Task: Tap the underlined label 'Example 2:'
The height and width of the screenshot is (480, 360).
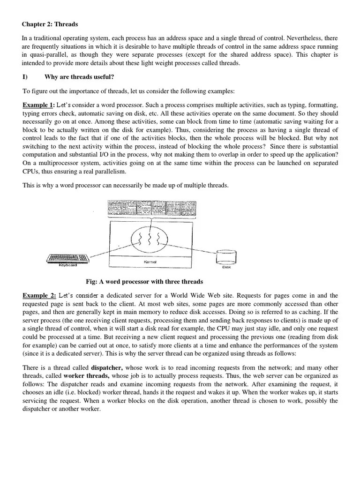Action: coord(39,295)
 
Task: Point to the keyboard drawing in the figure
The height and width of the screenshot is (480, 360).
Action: coord(68,258)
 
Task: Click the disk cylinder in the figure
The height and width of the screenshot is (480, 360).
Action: coord(223,257)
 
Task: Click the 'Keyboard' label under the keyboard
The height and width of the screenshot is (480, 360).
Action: coord(67,265)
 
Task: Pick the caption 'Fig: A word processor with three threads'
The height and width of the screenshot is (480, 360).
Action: coord(144,282)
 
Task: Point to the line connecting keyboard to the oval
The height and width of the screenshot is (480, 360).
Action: coord(108,251)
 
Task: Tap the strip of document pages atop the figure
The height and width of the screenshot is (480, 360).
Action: coord(150,208)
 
